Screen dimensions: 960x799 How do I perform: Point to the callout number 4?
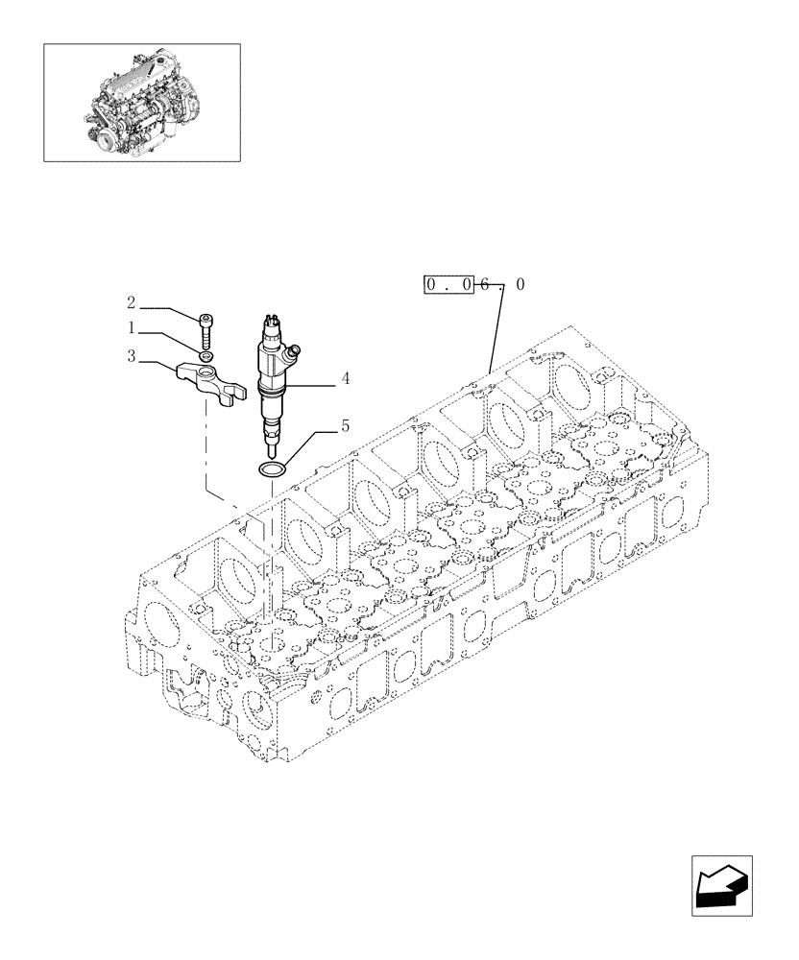(345, 378)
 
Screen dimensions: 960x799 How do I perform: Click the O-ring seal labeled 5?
(273, 468)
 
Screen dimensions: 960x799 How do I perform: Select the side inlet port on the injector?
(297, 350)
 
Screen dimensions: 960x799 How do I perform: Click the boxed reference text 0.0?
(449, 284)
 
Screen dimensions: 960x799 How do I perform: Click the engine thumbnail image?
(141, 101)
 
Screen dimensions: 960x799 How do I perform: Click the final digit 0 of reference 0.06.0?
(520, 284)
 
